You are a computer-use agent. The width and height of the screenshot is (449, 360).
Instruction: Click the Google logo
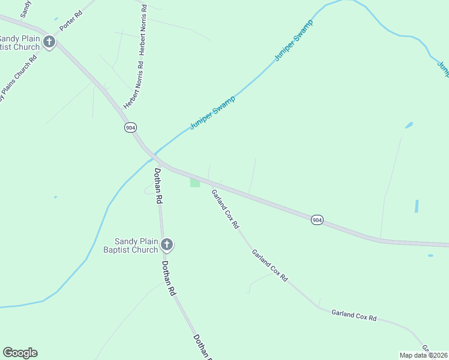point(20,353)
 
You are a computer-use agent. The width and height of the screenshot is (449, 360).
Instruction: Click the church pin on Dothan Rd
point(167,244)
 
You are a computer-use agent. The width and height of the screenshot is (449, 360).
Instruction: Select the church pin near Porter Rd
point(49,42)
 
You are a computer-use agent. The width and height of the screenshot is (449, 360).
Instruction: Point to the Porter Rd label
point(70,21)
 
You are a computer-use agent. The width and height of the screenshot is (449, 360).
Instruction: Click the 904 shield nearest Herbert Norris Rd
point(130,127)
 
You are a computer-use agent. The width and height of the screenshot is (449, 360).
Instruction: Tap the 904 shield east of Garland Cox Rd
point(318,220)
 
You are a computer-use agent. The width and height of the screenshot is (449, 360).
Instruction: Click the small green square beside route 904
point(195,182)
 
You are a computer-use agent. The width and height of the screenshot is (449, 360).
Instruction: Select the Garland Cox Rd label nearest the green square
point(225,209)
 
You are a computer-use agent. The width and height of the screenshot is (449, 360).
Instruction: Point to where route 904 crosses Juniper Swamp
point(151,155)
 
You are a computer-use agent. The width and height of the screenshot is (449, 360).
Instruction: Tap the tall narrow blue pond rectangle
point(417,206)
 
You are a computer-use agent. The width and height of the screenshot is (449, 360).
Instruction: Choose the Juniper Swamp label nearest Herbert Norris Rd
point(212,112)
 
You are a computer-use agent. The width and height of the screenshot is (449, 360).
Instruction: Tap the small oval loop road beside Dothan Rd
point(150,190)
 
